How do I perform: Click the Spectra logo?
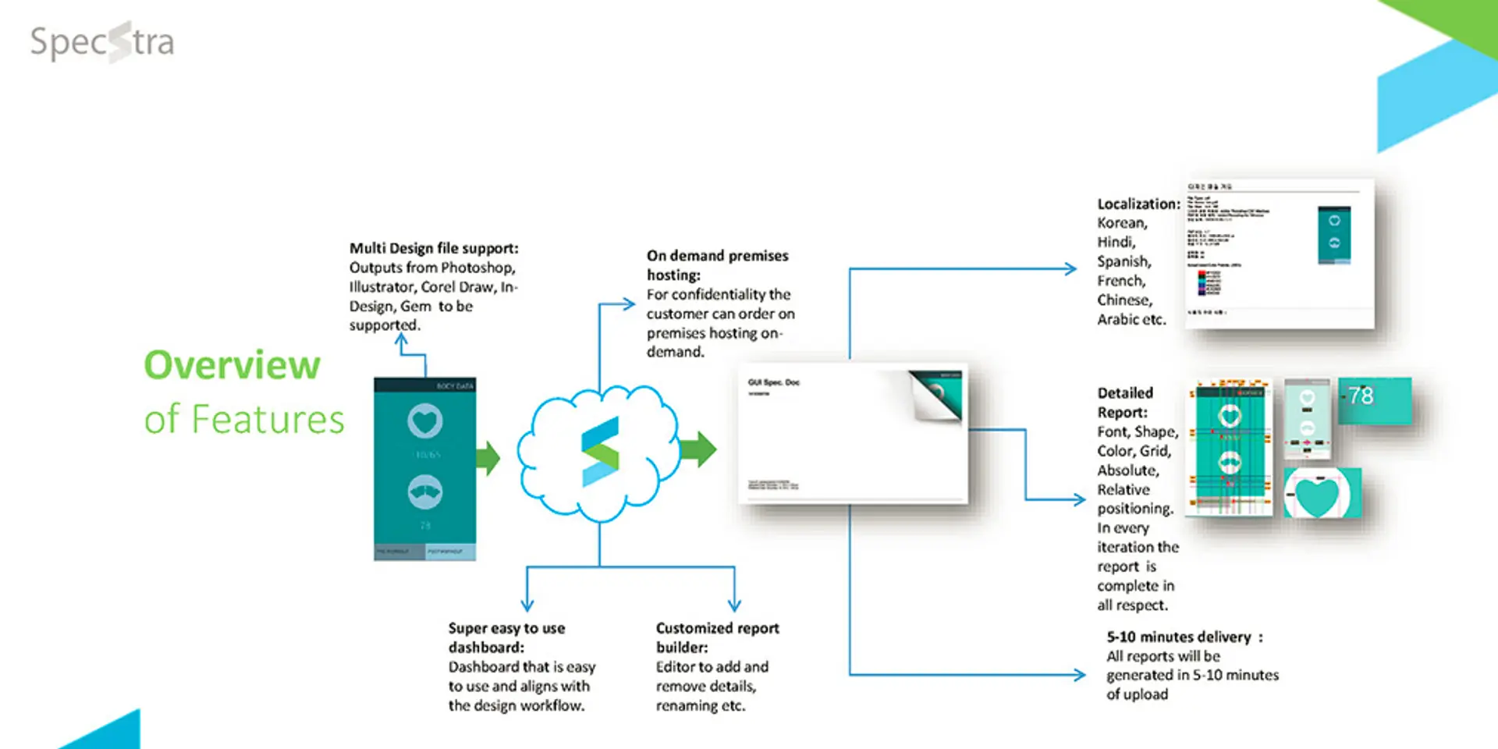pos(102,42)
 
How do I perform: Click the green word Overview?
pos(232,365)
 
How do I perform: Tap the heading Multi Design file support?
pos(433,248)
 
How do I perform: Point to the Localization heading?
pos(1138,204)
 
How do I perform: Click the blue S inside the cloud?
pos(600,452)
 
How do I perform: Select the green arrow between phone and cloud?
pos(488,458)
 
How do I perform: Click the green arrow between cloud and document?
pos(698,449)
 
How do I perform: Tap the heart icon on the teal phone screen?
pos(424,421)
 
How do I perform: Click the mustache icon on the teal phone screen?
pos(424,492)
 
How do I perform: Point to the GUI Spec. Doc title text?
pos(773,382)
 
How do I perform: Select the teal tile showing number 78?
pos(1375,400)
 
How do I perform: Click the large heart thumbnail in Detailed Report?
pos(1322,494)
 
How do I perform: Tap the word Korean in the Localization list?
pos(1122,223)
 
